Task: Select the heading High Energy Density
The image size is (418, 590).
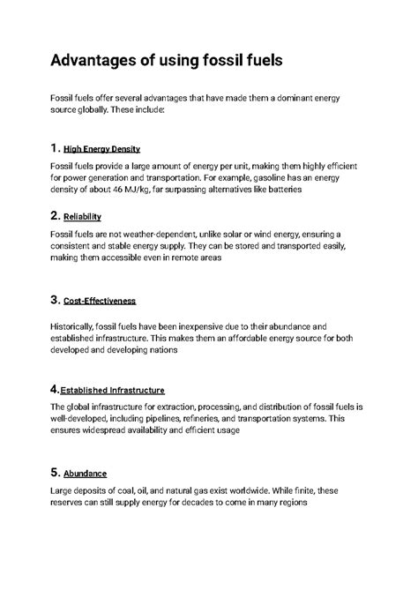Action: [102, 149]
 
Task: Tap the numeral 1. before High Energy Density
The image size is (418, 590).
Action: [56, 147]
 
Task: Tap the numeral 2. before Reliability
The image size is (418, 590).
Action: [56, 215]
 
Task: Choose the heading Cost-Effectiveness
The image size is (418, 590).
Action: [100, 301]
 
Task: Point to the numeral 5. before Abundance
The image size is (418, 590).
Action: [56, 472]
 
